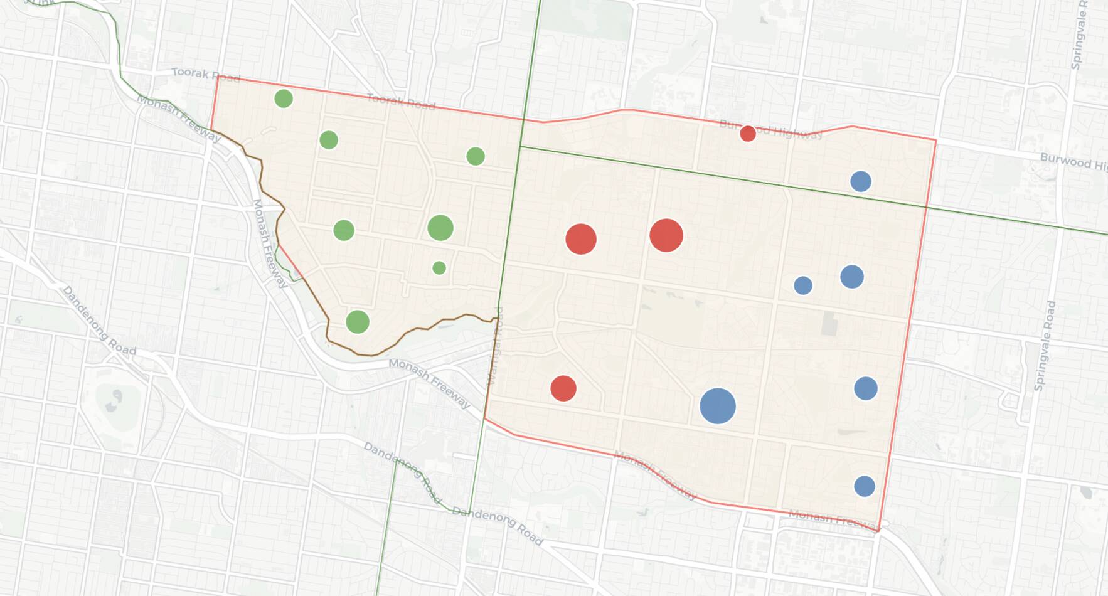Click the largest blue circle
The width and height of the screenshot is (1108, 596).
point(718,406)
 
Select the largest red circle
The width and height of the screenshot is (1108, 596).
point(666,235)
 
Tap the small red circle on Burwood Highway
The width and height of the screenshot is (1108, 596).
point(747,133)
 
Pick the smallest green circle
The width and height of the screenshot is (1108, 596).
point(439,268)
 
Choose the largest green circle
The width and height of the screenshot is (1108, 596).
point(440,228)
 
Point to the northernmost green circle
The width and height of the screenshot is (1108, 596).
point(284,98)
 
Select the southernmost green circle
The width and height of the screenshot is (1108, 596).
point(358,322)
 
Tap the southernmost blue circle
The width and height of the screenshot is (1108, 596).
point(865,486)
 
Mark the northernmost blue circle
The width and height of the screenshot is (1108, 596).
point(861,181)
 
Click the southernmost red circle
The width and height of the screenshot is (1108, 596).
point(563,388)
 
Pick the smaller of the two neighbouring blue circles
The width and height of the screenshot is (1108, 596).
point(803,285)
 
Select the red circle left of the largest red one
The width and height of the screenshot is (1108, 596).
point(581,239)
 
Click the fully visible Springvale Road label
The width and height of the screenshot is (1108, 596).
point(1045,346)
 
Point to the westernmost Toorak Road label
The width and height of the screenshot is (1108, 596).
point(206,75)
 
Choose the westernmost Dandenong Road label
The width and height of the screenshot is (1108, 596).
point(99,321)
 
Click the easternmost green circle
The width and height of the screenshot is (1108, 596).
point(476,156)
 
